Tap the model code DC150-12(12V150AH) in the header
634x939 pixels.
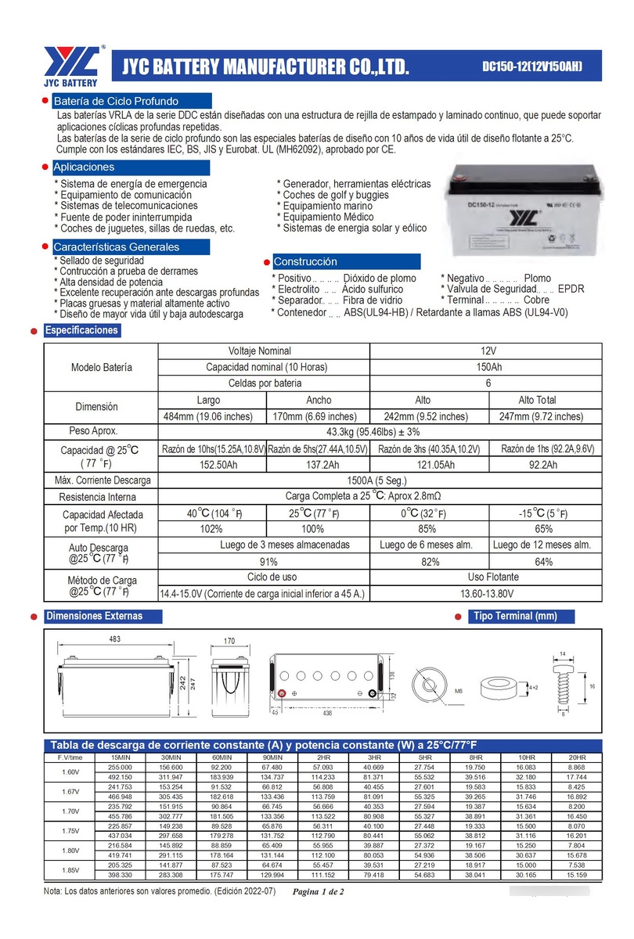(x=531, y=66)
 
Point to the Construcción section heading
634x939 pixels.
(x=305, y=261)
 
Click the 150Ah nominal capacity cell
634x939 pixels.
(x=488, y=367)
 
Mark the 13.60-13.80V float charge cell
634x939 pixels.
(x=488, y=594)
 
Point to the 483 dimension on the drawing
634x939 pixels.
(x=114, y=640)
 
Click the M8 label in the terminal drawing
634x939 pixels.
(x=459, y=693)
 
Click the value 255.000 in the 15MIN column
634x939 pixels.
(x=120, y=768)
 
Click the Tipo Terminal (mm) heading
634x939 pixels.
(x=515, y=616)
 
